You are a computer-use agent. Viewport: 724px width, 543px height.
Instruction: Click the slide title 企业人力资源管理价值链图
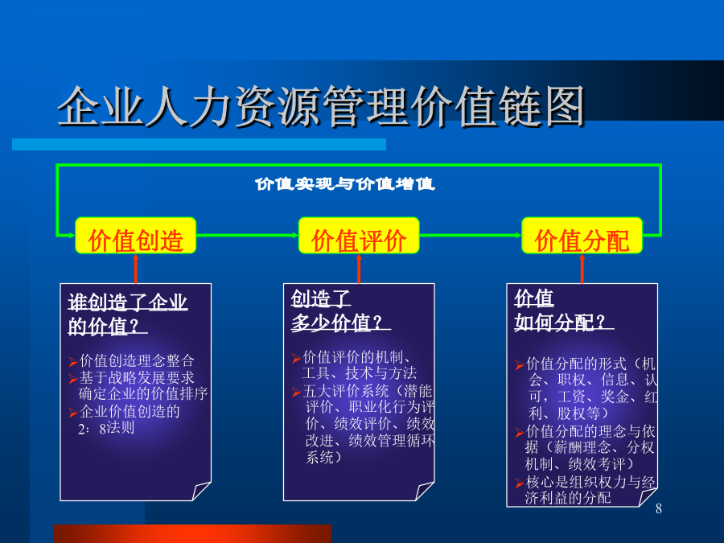(321, 106)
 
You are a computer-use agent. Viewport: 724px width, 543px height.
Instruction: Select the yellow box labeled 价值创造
(136, 236)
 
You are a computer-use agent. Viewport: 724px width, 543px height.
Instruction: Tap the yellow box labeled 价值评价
(359, 236)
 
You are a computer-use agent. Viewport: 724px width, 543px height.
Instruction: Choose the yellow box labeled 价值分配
(582, 236)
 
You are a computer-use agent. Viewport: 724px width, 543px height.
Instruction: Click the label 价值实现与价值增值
(344, 183)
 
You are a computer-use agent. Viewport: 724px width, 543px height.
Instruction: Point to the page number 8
(658, 508)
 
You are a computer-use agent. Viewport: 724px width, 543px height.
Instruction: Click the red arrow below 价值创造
(136, 269)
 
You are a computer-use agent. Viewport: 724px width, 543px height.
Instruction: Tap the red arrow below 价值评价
(359, 269)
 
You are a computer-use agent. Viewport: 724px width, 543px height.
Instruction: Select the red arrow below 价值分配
(582, 269)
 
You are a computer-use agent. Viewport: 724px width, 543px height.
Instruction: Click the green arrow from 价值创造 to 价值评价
(248, 235)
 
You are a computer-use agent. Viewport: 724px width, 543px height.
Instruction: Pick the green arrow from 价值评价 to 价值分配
(471, 235)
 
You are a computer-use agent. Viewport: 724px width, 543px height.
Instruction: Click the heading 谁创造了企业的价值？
(127, 315)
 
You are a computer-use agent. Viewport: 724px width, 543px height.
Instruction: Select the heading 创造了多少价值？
(340, 311)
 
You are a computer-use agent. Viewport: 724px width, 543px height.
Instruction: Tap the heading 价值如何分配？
(564, 311)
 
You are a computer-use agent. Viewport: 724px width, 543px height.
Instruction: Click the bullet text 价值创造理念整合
(137, 360)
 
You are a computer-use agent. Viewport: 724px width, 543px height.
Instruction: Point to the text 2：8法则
(106, 428)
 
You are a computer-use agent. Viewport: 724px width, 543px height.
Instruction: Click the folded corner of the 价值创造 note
(201, 491)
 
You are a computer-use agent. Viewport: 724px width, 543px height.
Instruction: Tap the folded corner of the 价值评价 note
(424, 491)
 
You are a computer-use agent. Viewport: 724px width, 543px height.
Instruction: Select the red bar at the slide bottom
(192, 534)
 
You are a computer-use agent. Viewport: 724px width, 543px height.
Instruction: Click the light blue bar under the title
(199, 144)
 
